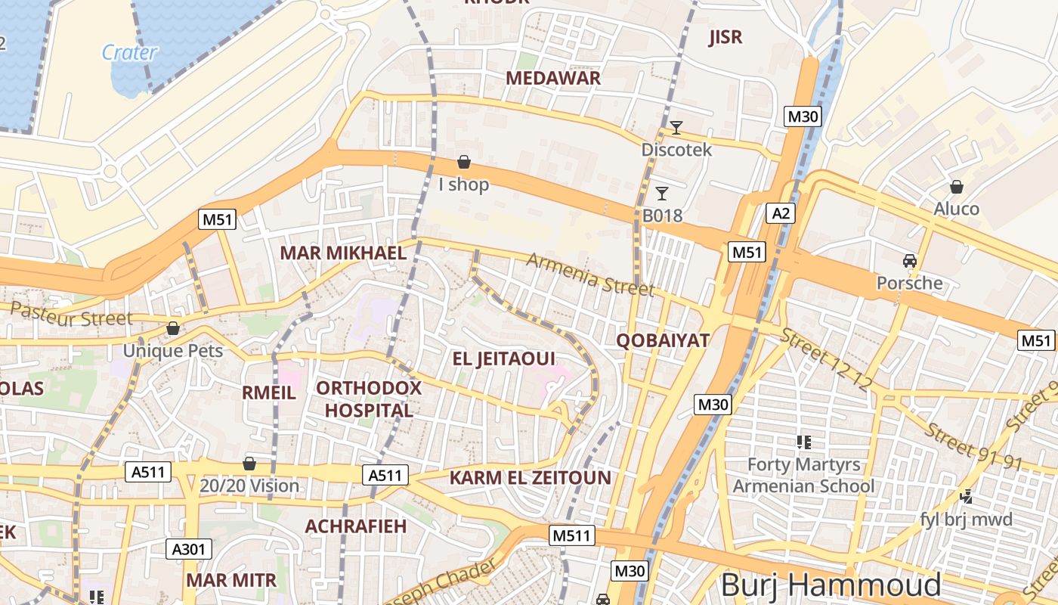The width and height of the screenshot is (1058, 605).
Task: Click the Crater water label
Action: pos(129,52)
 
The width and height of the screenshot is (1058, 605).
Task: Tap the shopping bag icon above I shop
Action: pos(464,162)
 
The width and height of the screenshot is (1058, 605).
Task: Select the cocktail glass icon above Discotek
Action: pos(676,127)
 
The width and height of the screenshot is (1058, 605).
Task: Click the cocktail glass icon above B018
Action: pos(662,193)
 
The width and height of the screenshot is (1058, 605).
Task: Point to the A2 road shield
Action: pos(781,213)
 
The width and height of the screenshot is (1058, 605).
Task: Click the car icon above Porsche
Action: pos(910,260)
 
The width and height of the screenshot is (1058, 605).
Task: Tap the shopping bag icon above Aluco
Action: pos(957,186)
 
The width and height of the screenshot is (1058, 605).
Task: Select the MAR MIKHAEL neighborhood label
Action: pos(343,253)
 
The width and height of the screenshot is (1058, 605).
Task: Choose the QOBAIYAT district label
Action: pos(663,340)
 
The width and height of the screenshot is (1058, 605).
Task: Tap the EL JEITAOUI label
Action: pos(503,358)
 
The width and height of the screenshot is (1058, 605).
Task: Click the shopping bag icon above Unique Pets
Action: pos(173,328)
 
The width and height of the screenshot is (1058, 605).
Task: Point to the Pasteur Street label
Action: pos(71,315)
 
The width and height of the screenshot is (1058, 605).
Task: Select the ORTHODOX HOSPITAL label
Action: pos(369,399)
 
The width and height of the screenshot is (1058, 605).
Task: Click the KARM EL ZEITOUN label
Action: pos(530,477)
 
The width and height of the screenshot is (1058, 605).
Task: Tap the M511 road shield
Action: pos(572,535)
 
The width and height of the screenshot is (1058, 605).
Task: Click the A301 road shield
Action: pos(188,549)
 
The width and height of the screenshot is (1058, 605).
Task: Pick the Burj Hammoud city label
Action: pos(831,585)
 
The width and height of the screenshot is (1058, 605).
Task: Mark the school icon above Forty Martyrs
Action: pos(803,442)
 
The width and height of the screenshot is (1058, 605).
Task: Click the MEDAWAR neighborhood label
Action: pos(553,78)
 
